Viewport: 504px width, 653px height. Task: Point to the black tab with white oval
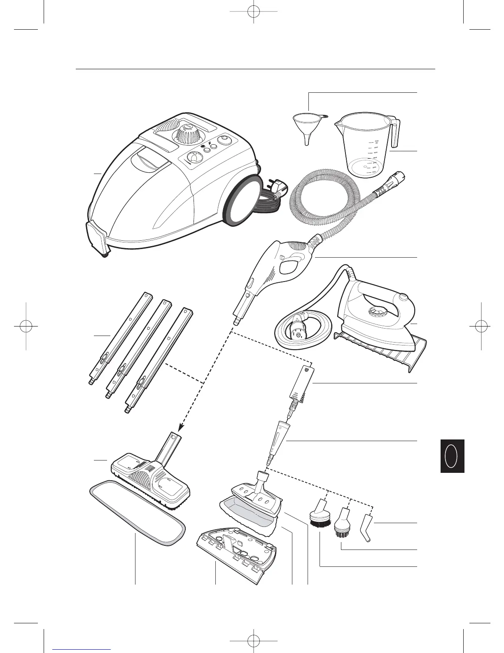click(452, 456)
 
